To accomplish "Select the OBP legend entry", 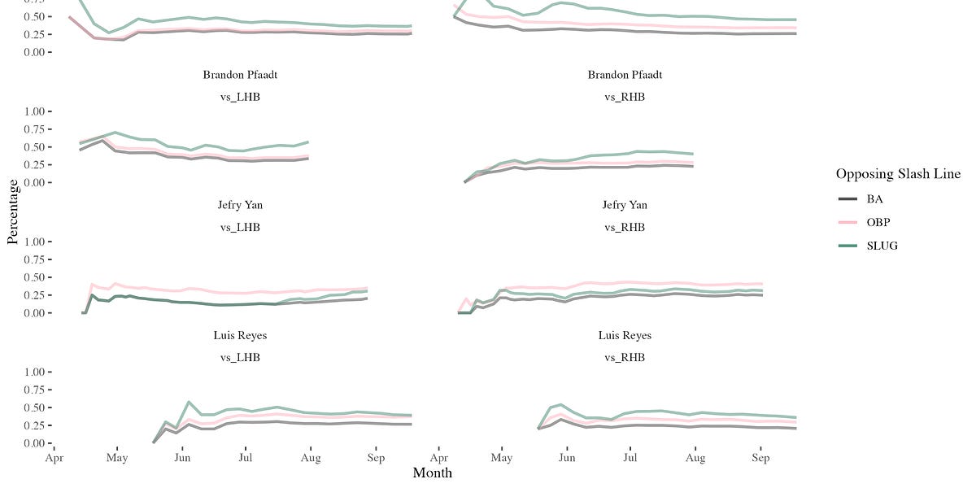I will [x=866, y=222].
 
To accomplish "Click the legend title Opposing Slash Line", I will [x=898, y=174].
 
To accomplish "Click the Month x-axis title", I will [x=432, y=473].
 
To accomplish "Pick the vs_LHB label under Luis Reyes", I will [x=240, y=357].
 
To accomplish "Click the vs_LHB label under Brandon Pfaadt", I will [x=240, y=97].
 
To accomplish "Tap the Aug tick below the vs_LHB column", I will [x=310, y=458].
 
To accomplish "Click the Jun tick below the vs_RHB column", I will [x=567, y=458].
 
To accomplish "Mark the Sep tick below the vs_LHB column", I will [x=375, y=458].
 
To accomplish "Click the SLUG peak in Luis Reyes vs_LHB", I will [x=189, y=402].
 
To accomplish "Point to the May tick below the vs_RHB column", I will [x=502, y=458].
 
